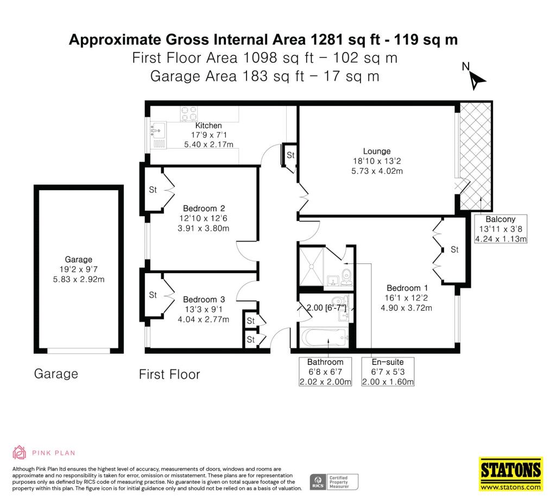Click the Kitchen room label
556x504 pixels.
pos(208,125)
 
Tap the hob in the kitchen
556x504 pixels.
pos(189,114)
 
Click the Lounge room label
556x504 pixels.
pos(377,151)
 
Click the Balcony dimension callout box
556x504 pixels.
pos(500,229)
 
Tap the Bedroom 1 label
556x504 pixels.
pos(407,288)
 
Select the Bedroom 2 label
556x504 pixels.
pos(204,209)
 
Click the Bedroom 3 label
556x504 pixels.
pos(204,300)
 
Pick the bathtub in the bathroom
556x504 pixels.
pos(323,337)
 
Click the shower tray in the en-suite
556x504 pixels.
pos(312,266)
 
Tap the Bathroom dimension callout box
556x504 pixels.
pos(325,371)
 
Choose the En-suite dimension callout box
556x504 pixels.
pos(388,371)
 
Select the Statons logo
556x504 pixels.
pos(511,474)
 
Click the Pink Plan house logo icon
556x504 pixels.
pos(19,452)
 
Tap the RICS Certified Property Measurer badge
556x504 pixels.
pos(334,482)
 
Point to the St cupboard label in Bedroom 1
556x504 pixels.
pos(454,250)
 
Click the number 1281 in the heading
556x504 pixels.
pos(326,39)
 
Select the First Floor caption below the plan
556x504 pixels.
pos(169,374)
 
